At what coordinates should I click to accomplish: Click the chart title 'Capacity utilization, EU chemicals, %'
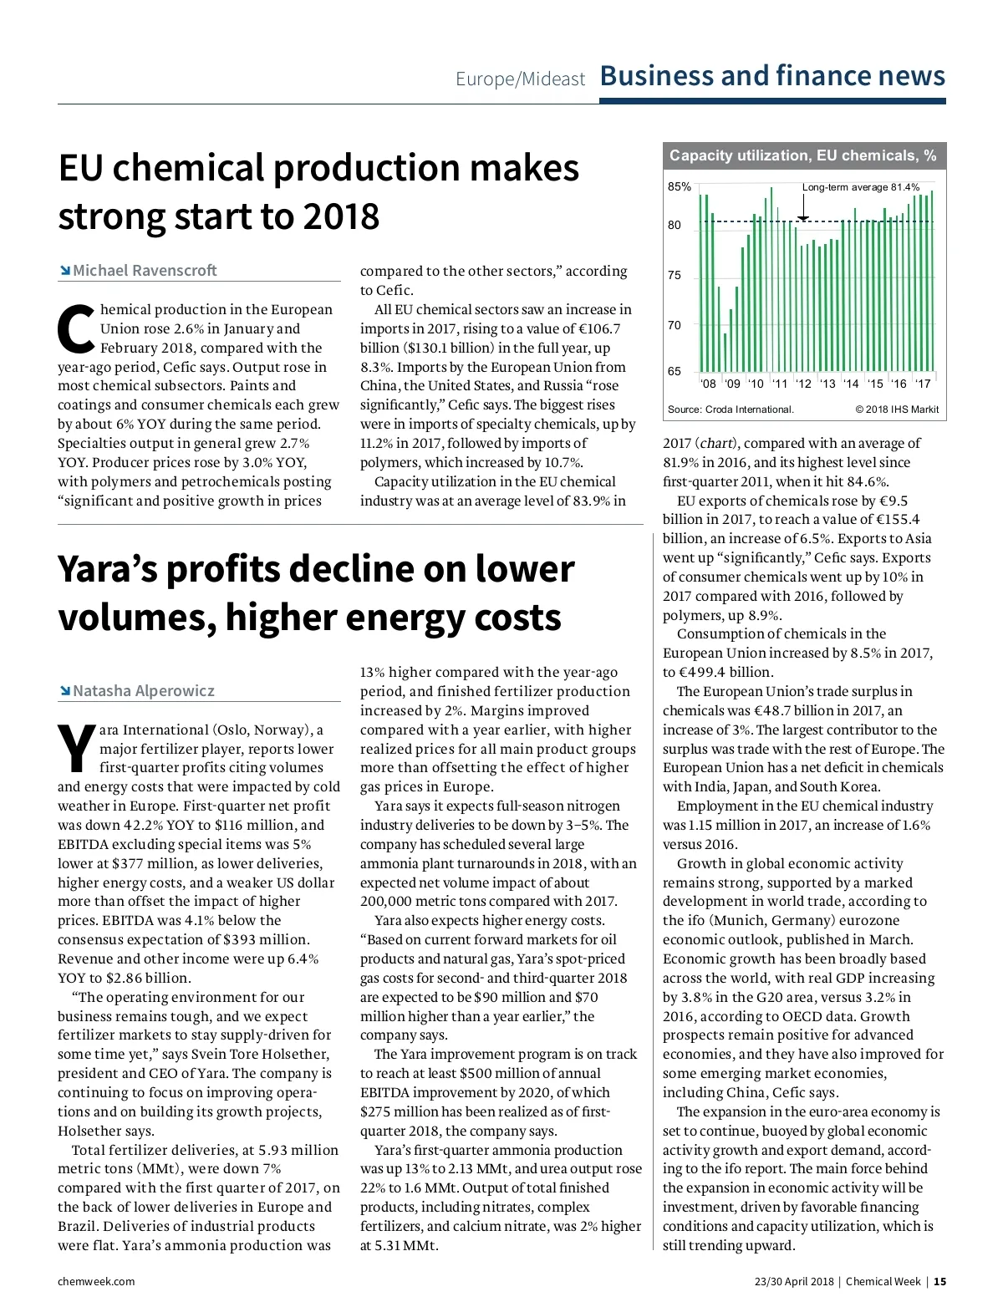[802, 155]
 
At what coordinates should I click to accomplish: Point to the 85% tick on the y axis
[679, 186]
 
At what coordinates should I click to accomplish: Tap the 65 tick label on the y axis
[675, 371]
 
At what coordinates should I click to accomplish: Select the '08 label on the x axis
[708, 384]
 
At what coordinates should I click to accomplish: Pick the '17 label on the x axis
[923, 384]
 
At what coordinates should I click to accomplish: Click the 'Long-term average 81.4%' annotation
[860, 187]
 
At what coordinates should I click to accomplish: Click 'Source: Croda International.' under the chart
[731, 409]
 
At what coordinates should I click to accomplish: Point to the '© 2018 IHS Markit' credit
[897, 409]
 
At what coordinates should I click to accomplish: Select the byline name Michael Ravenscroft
[145, 270]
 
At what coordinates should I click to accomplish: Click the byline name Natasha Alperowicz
[144, 690]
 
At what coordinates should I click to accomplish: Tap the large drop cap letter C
[76, 329]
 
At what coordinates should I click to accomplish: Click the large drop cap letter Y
[76, 749]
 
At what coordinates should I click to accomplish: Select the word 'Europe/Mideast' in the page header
[520, 79]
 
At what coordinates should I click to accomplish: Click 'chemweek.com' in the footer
[96, 1281]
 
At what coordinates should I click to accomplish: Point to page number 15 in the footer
[939, 1281]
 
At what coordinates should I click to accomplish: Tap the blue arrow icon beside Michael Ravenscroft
[64, 270]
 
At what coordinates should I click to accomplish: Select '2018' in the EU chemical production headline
[341, 217]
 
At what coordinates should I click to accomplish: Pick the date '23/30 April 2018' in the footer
[794, 1281]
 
